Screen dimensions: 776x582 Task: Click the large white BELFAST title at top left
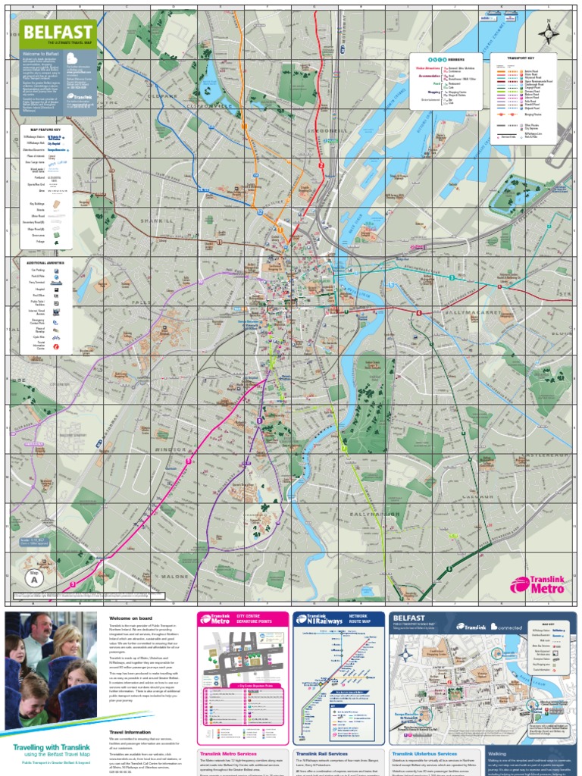tap(58, 32)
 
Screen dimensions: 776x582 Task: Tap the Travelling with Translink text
tap(49, 746)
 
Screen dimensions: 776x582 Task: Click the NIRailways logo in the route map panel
tap(319, 620)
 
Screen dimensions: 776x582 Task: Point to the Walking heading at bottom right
tap(498, 754)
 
